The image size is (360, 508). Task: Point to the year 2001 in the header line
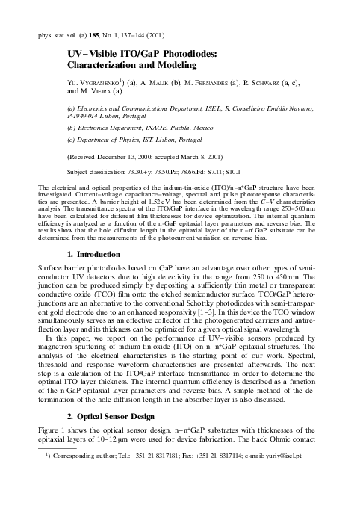click(171, 35)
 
